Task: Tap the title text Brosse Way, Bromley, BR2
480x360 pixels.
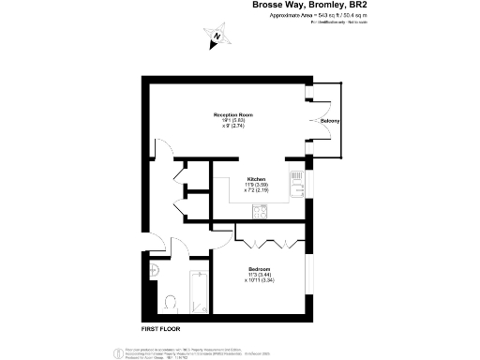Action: pos(310,6)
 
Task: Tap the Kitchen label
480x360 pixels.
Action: pos(256,178)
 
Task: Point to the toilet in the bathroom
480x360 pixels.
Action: pos(170,303)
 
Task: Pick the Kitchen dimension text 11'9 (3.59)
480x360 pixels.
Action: pos(256,185)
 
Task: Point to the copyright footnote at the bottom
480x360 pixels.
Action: pos(239,350)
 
